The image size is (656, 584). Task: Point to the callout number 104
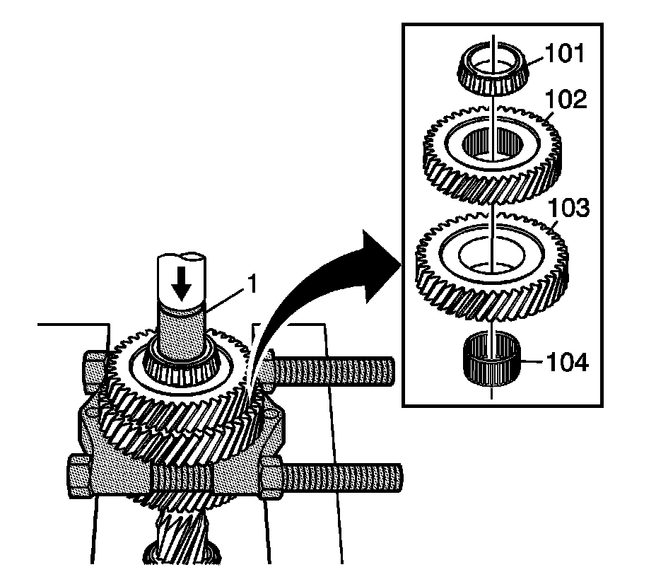point(568,363)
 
